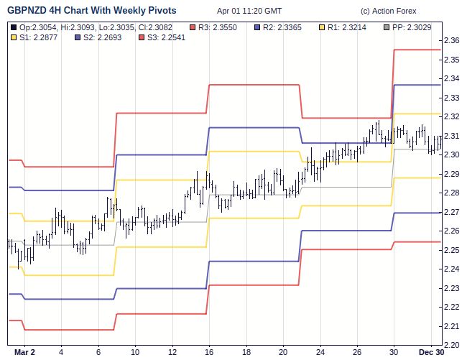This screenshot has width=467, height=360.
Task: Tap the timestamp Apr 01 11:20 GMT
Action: click(249, 11)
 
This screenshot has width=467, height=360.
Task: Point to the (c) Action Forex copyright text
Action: click(389, 11)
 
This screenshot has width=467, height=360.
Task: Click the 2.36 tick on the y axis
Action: click(452, 41)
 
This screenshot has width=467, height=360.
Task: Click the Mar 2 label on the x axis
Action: click(24, 353)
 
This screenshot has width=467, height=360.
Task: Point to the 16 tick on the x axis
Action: click(209, 353)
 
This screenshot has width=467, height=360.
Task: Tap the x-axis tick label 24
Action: click(320, 353)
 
